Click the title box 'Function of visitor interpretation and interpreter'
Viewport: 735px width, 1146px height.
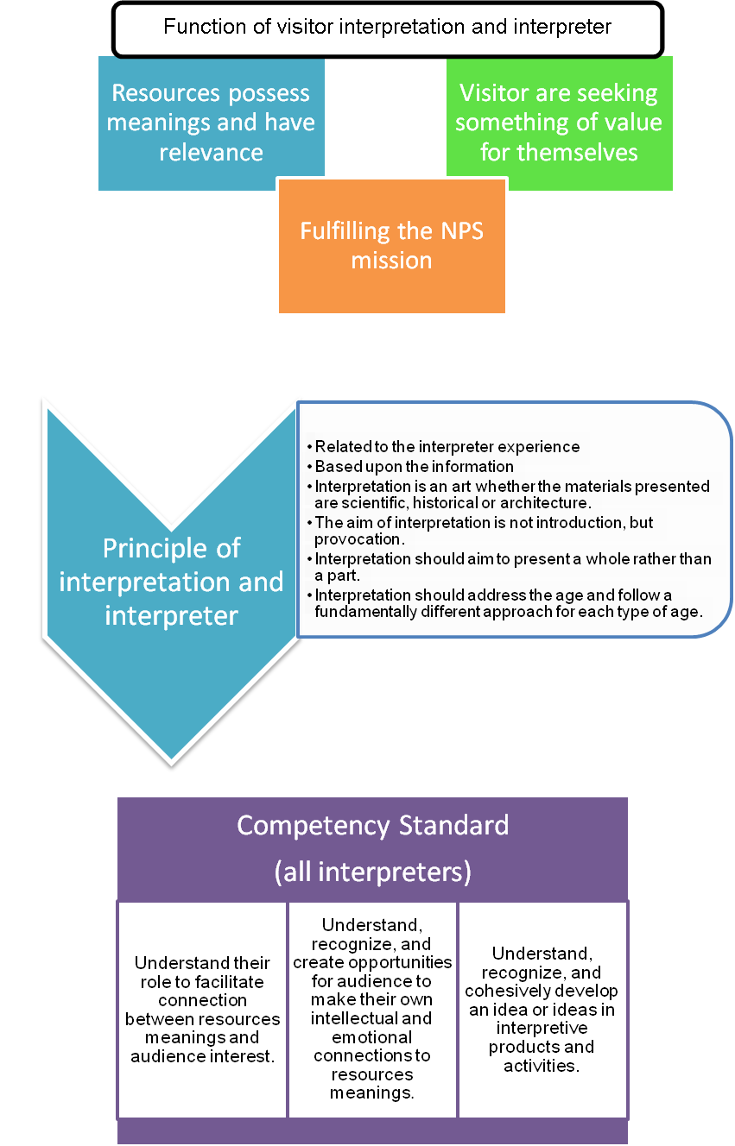tap(387, 27)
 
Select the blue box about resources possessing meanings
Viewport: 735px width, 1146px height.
tap(211, 123)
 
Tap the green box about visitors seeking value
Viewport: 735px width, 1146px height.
tap(559, 123)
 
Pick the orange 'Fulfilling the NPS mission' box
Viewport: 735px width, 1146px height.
tap(391, 245)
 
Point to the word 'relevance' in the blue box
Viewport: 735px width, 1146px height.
tap(211, 153)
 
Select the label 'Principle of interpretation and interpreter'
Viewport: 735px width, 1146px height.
tap(171, 582)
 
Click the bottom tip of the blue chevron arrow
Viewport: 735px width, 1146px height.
tap(171, 765)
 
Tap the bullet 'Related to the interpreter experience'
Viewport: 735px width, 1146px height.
tap(447, 447)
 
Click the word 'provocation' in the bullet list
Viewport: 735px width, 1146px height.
tap(354, 539)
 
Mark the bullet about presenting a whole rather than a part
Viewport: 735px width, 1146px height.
tap(512, 566)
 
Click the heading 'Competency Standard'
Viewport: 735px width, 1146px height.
tap(372, 825)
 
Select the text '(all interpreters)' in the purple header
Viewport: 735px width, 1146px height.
tap(372, 872)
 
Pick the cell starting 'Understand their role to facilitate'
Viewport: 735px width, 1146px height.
tap(202, 1009)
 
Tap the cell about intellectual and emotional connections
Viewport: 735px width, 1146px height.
tap(372, 1009)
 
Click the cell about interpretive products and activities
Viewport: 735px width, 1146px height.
tap(542, 1009)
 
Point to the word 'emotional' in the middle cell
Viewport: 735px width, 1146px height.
tap(372, 1037)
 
